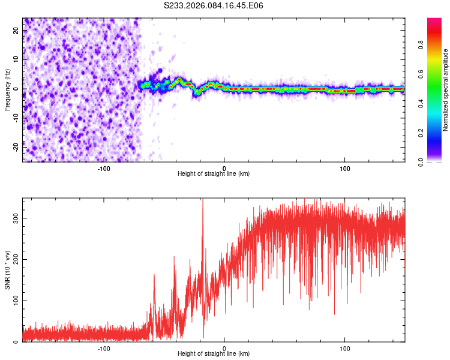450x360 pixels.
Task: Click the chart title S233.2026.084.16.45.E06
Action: pyautogui.click(x=214, y=5)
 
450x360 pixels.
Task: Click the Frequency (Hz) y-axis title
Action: pyautogui.click(x=7, y=89)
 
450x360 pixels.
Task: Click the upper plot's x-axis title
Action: pyautogui.click(x=214, y=173)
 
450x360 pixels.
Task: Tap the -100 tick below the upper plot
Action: pyautogui.click(x=104, y=167)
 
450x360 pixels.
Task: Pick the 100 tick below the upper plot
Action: pyautogui.click(x=345, y=167)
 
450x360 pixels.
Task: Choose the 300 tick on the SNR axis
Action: pyautogui.click(x=14, y=218)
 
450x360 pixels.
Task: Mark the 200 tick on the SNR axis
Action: pyautogui.click(x=14, y=259)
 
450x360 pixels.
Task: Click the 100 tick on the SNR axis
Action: pyautogui.click(x=14, y=301)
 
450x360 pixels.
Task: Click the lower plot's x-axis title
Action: pyautogui.click(x=214, y=353)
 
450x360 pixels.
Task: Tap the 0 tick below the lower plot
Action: pyautogui.click(x=224, y=348)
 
